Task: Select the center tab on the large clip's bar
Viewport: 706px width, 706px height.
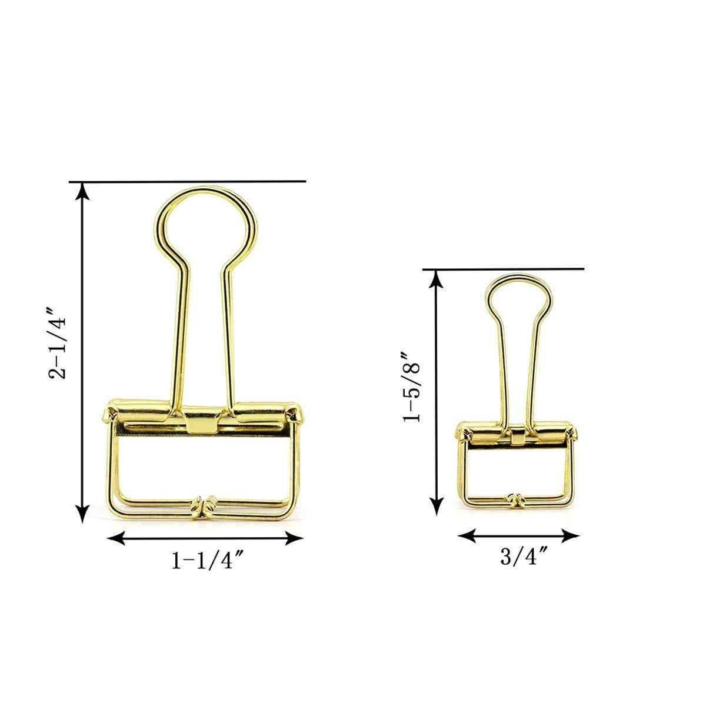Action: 203,423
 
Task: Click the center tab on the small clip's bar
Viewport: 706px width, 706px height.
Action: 517,435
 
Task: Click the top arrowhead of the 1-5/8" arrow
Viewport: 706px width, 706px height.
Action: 436,278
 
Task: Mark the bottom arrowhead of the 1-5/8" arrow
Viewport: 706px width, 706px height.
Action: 436,505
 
